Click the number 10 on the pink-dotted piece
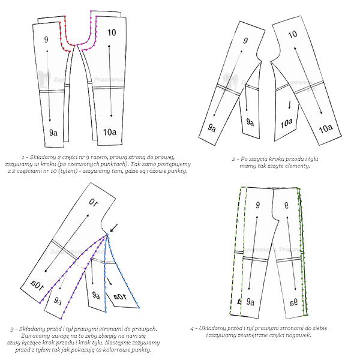tap(112, 33)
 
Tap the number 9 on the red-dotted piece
tap(46, 40)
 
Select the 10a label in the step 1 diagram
tap(110, 132)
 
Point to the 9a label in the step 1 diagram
tap(53, 133)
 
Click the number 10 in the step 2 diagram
tap(293, 35)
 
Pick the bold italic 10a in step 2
tap(287, 124)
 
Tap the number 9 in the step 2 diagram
tap(245, 41)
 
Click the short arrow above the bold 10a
tap(290, 104)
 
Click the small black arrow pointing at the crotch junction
tap(114, 228)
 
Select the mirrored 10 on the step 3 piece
tap(94, 202)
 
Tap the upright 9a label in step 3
tap(96, 295)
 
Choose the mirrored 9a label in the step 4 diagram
tap(294, 303)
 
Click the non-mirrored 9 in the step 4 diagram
tap(258, 205)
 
